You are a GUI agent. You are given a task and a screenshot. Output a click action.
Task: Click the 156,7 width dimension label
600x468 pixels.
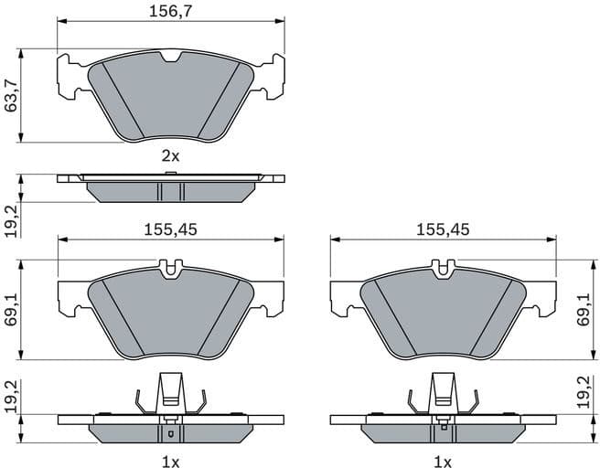(x=170, y=12)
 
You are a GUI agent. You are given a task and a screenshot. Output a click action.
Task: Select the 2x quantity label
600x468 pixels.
(x=170, y=155)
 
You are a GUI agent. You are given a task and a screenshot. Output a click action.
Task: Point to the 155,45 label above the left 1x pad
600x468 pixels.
(x=170, y=230)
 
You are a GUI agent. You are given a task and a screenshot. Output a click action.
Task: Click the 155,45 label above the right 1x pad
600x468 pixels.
(x=443, y=230)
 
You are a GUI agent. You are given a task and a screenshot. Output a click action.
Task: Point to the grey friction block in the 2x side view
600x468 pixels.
(x=170, y=192)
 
